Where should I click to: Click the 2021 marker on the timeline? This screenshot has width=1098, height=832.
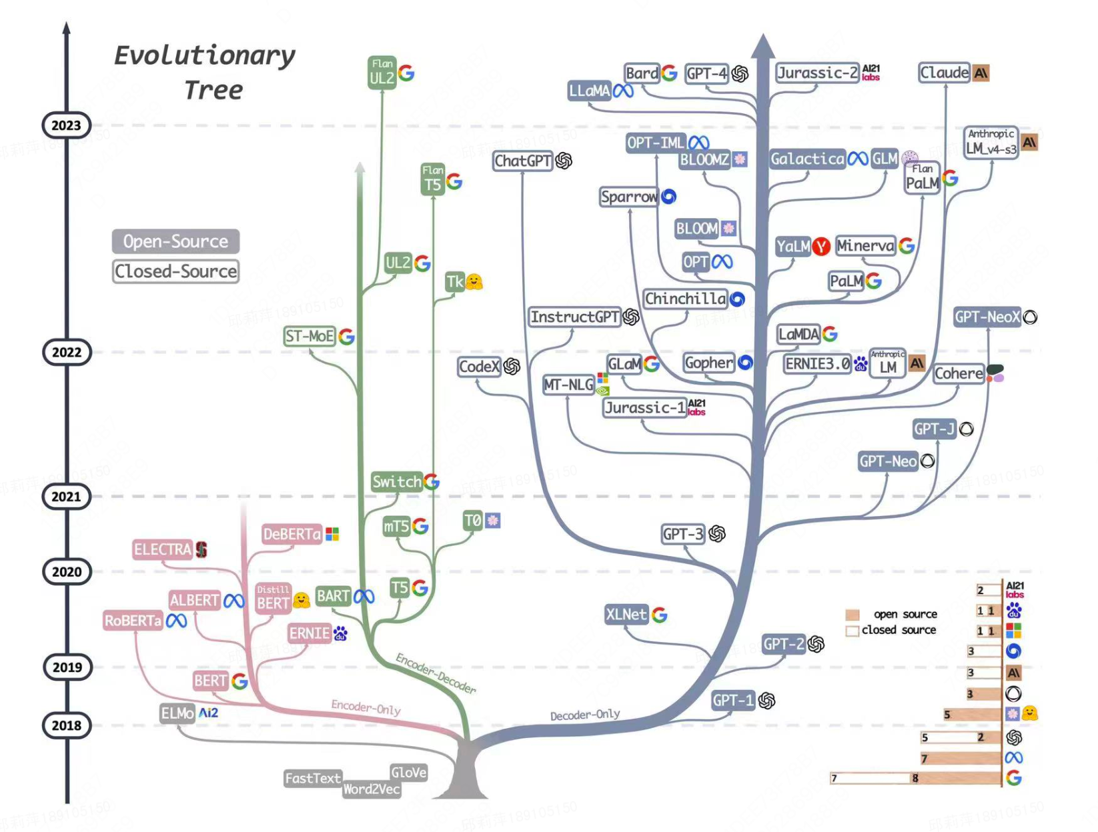pyautogui.click(x=66, y=496)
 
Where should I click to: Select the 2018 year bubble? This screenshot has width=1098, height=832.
pyautogui.click(x=66, y=725)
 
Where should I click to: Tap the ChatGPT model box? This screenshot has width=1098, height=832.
pyautogui.click(x=523, y=161)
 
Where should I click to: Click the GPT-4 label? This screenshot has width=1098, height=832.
pyautogui.click(x=706, y=73)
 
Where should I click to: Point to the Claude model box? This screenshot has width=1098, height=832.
pyautogui.click(x=944, y=72)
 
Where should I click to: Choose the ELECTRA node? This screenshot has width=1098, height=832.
pyautogui.click(x=162, y=549)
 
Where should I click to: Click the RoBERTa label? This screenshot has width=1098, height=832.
pyautogui.click(x=133, y=621)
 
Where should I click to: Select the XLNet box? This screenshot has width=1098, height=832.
pyautogui.click(x=626, y=614)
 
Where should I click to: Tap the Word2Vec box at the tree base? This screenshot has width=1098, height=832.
pyautogui.click(x=372, y=789)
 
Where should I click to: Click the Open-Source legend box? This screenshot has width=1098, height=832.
pyautogui.click(x=175, y=241)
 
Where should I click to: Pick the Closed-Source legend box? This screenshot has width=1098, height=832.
pyautogui.click(x=175, y=271)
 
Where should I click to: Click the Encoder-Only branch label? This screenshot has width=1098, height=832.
pyautogui.click(x=366, y=707)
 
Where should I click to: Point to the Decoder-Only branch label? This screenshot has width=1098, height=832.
pyautogui.click(x=584, y=715)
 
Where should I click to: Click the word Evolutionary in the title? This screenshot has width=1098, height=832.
pyautogui.click(x=204, y=55)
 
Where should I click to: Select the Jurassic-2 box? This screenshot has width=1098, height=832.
pyautogui.click(x=817, y=73)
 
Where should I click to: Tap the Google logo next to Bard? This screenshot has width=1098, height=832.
pyautogui.click(x=669, y=73)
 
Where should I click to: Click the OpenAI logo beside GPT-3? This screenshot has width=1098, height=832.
pyautogui.click(x=717, y=533)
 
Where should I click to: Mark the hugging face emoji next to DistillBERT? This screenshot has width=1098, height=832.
pyautogui.click(x=302, y=600)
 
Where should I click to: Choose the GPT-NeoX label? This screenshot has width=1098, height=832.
pyautogui.click(x=987, y=317)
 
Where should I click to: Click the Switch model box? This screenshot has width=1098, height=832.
pyautogui.click(x=396, y=481)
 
